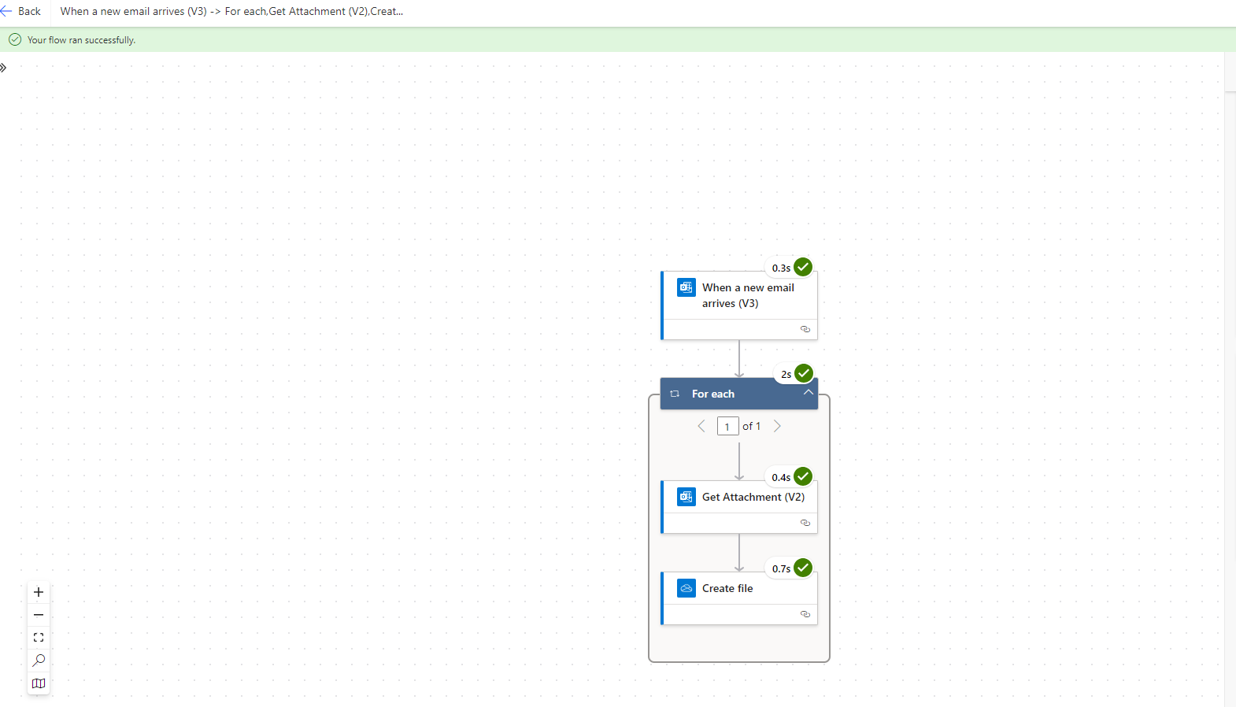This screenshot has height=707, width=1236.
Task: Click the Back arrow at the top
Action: click(6, 11)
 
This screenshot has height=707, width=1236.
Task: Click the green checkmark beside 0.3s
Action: click(803, 267)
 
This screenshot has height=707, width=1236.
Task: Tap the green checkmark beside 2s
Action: click(803, 373)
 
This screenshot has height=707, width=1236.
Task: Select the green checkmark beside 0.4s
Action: click(803, 476)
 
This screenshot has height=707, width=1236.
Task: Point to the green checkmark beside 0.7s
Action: click(803, 568)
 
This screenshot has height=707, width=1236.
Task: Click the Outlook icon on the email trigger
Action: click(686, 287)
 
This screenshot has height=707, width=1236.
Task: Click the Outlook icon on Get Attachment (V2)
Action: click(686, 497)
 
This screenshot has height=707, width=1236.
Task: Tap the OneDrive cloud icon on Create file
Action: click(686, 588)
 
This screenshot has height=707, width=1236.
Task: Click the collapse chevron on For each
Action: click(808, 392)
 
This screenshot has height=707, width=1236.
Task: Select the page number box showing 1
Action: click(727, 426)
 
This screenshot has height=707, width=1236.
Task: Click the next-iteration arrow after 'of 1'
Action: click(777, 426)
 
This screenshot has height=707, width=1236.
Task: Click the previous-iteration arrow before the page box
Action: click(701, 426)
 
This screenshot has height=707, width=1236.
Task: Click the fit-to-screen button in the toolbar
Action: click(39, 638)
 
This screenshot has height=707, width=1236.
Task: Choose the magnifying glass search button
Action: click(39, 661)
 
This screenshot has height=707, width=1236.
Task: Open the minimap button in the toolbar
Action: click(39, 684)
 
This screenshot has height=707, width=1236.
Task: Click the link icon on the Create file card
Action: click(805, 614)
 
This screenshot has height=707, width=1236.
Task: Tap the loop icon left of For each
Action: click(674, 394)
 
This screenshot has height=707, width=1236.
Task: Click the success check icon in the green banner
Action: click(15, 39)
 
